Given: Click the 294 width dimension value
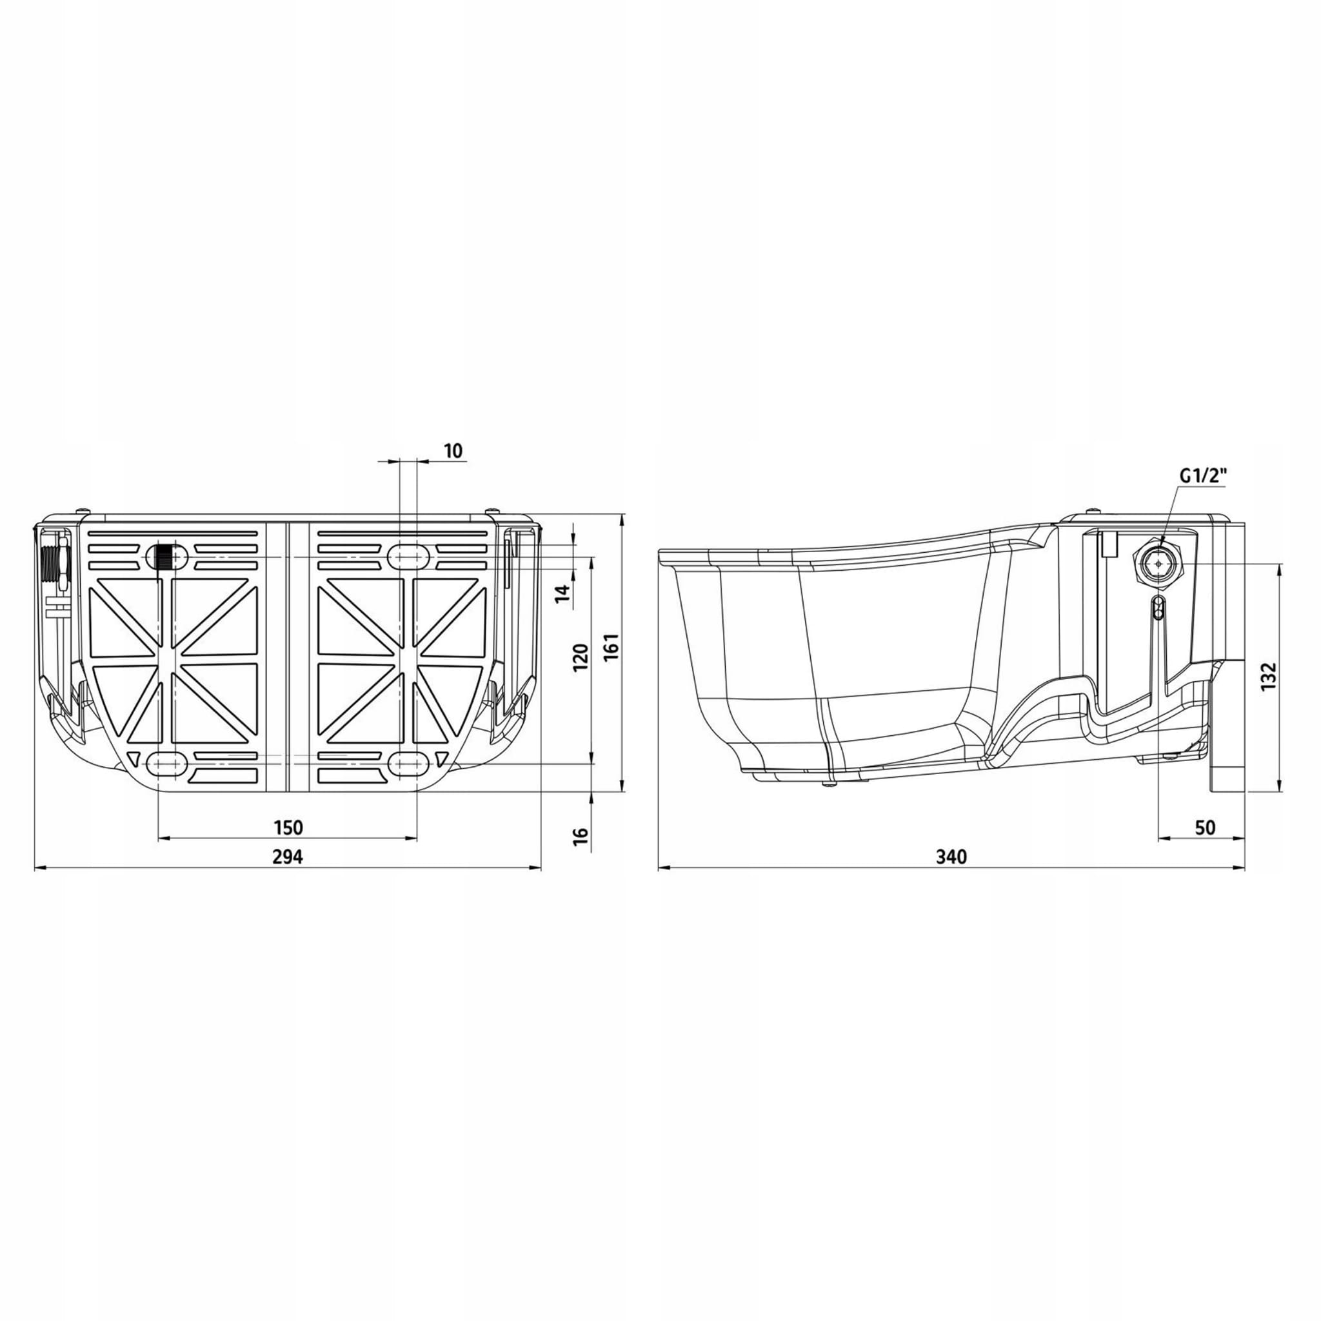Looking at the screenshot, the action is [288, 856].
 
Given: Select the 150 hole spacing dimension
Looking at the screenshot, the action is [288, 828].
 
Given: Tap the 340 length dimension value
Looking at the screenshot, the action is [951, 856].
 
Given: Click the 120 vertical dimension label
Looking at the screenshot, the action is [581, 658].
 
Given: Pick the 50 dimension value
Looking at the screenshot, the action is [1206, 828].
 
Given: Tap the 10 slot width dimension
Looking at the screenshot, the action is [453, 451].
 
